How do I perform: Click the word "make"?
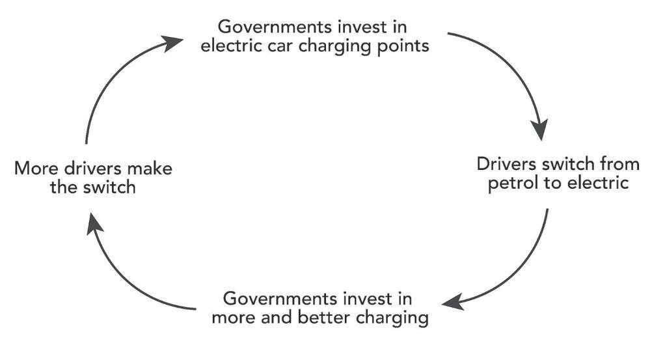tap(150, 169)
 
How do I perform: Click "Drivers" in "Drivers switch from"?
tap(498, 162)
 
